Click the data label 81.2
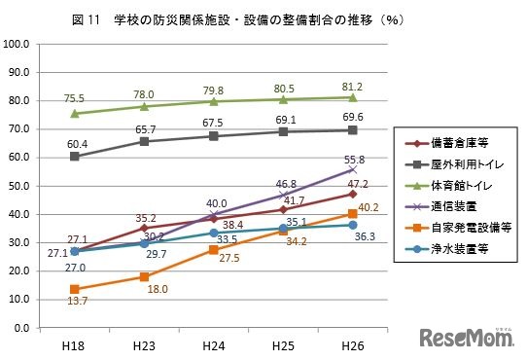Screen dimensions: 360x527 352,84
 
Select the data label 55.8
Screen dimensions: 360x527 354,158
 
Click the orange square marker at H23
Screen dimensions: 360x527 144,276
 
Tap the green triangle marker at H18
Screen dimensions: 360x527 75,113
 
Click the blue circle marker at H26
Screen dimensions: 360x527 352,225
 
